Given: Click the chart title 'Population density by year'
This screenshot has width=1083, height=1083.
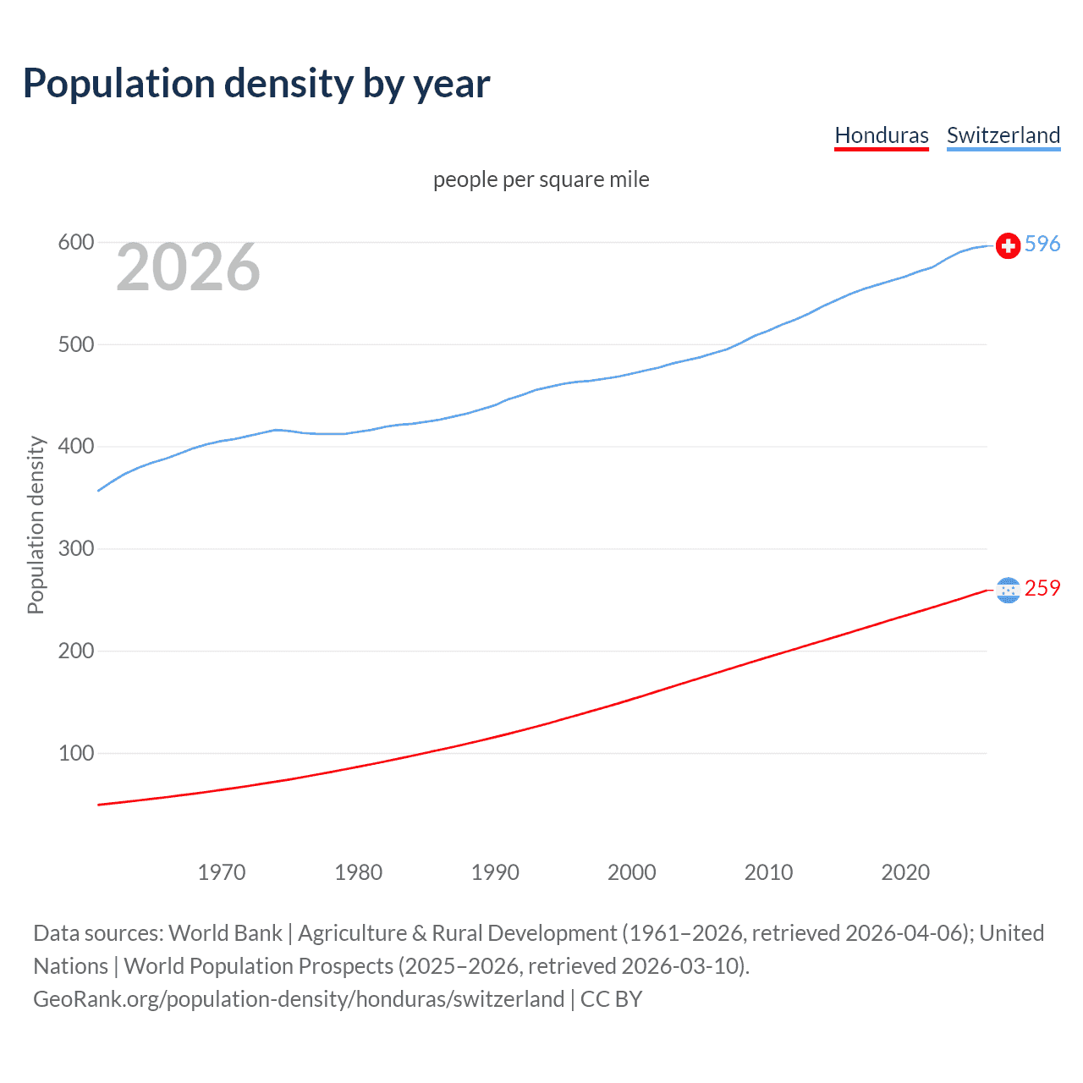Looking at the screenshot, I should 256,84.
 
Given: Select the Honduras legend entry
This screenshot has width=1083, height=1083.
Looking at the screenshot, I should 881,135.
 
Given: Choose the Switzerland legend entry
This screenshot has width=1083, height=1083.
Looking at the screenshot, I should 1003,135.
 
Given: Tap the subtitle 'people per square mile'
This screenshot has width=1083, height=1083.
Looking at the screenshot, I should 541,179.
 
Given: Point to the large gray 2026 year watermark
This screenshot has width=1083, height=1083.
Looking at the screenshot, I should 188,267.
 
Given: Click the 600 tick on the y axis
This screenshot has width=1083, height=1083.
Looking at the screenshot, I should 75,243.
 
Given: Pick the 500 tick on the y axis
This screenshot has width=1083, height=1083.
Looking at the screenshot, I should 75,344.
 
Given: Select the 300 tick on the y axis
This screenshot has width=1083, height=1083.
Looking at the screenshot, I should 75,549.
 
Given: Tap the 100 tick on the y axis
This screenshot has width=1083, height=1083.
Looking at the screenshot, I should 75,753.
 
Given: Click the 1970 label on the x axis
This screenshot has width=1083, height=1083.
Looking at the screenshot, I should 221,872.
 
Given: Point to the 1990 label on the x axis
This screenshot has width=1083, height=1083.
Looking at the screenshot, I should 495,872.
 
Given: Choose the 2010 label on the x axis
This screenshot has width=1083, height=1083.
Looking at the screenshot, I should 768,872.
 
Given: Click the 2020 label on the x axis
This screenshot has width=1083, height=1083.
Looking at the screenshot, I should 905,872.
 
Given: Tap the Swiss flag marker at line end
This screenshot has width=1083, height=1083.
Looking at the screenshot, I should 1008,245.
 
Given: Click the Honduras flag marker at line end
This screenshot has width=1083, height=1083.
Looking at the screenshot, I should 1008,590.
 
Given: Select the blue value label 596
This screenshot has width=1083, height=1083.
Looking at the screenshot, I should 1042,245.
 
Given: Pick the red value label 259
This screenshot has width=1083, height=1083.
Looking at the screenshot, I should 1042,589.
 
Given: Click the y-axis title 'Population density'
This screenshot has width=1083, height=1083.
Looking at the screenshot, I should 36,525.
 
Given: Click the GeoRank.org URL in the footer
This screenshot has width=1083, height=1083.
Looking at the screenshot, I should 299,999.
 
